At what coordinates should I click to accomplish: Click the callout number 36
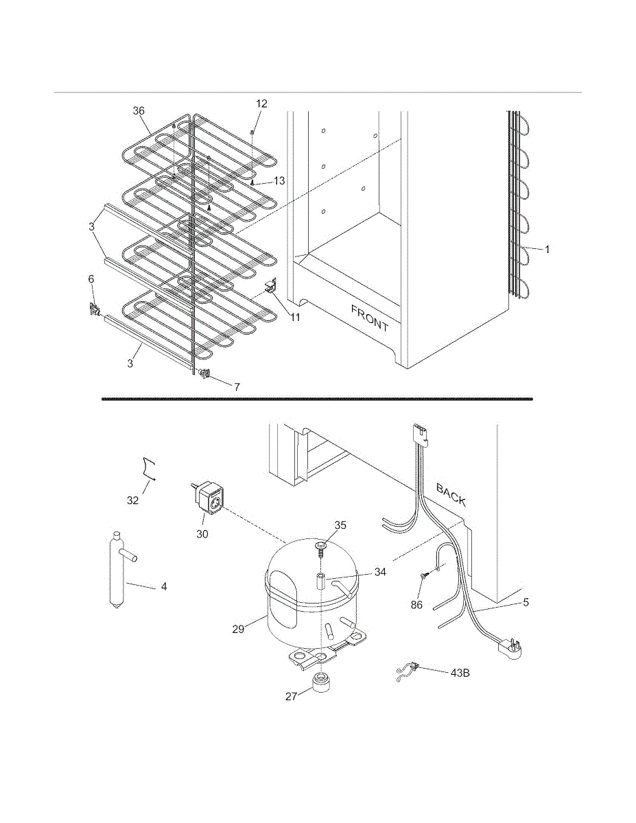click(x=139, y=110)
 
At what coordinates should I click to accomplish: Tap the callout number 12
click(x=261, y=104)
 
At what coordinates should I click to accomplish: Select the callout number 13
click(x=279, y=181)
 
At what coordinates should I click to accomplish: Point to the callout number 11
click(x=294, y=318)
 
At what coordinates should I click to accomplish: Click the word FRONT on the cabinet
click(x=370, y=318)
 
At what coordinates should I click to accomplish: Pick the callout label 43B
click(x=460, y=672)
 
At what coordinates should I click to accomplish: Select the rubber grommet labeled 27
click(x=320, y=684)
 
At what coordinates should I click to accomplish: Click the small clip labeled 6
click(x=94, y=310)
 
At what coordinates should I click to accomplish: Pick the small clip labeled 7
click(x=204, y=374)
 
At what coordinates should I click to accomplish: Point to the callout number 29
click(x=238, y=629)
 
